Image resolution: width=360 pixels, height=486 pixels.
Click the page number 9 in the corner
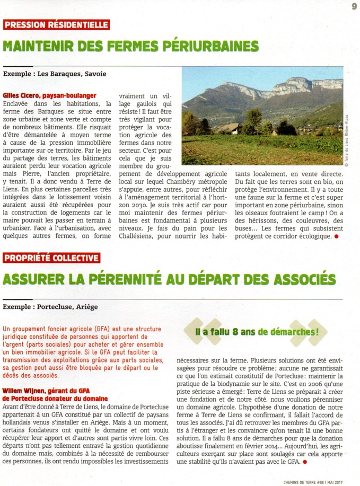(353, 6)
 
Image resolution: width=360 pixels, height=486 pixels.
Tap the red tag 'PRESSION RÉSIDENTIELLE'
(56, 25)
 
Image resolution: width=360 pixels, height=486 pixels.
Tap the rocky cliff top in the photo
(297, 85)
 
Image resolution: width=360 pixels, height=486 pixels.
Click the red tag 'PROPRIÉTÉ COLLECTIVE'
(52, 258)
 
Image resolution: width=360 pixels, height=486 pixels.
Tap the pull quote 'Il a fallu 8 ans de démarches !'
(256, 332)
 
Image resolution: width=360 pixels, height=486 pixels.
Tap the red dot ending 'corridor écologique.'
(336, 236)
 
